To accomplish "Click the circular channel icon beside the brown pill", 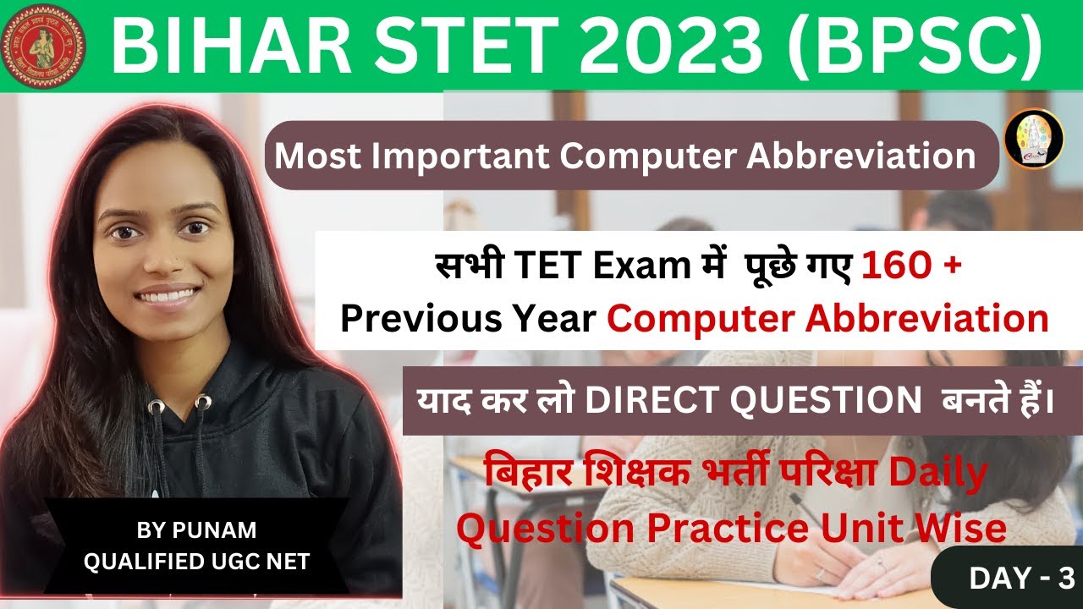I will [1033, 138].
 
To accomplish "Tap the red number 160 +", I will [911, 267].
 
